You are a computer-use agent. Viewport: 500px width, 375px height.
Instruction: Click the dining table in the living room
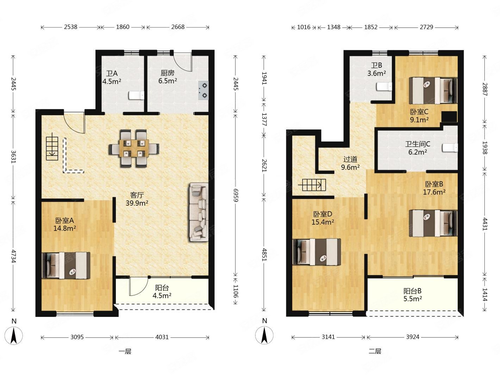click(x=134, y=149)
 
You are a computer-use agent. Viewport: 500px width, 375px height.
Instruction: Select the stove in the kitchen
click(x=203, y=90)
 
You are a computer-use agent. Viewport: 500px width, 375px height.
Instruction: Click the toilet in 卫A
click(x=136, y=95)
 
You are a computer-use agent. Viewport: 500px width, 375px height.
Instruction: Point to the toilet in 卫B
click(x=384, y=87)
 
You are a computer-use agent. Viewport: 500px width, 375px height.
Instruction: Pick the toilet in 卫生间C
click(x=450, y=148)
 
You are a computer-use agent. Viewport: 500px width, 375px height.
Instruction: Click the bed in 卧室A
click(x=66, y=265)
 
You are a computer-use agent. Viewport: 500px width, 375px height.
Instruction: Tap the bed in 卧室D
click(x=317, y=252)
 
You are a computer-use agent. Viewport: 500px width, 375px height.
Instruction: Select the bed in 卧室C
click(x=433, y=90)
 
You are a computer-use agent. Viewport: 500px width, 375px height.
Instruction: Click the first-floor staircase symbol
click(x=52, y=146)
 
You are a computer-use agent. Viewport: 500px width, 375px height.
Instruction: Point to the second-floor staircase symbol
click(x=312, y=185)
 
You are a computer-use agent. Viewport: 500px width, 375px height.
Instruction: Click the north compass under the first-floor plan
click(x=14, y=335)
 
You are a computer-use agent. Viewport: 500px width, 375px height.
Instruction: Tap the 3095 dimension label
click(x=77, y=337)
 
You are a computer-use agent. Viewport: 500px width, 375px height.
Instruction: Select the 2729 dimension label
click(x=426, y=27)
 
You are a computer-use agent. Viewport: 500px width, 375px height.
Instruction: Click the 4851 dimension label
click(x=264, y=255)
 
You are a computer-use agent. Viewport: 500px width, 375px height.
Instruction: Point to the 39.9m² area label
click(x=137, y=203)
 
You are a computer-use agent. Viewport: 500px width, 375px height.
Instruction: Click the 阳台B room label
click(x=412, y=291)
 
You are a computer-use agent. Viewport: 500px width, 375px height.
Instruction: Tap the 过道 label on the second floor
click(x=350, y=160)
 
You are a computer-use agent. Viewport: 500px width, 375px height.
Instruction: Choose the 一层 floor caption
click(x=125, y=351)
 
